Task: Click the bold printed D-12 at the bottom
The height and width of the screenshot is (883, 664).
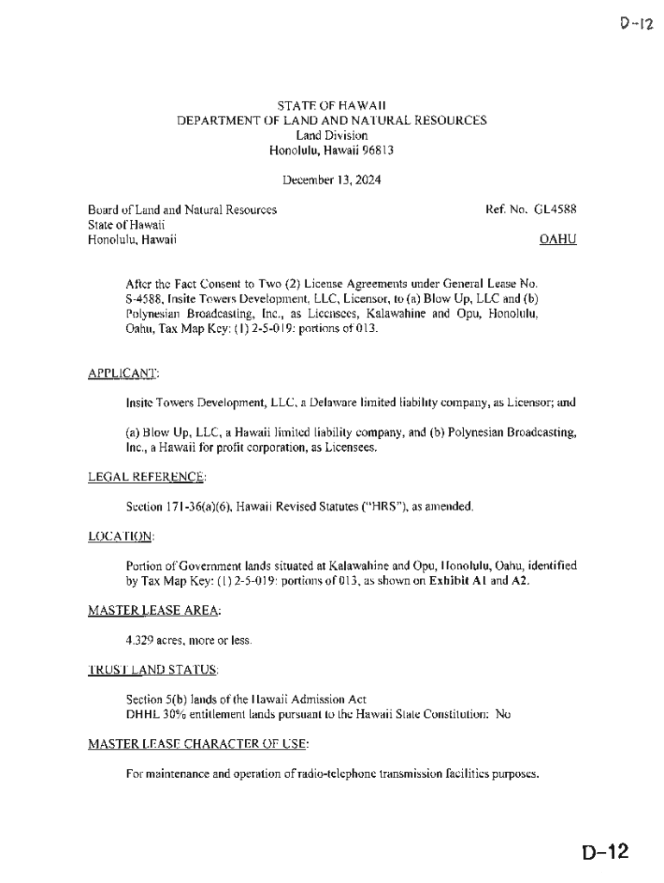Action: pos(605,854)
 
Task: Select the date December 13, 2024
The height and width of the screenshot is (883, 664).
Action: pos(332,180)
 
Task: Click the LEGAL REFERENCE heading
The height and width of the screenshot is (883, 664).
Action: pos(147,477)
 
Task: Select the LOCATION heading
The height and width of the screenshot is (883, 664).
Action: pos(121,536)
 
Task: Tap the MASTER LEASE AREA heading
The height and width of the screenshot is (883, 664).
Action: pos(154,611)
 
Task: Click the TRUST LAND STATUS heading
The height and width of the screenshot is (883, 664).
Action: pos(153,670)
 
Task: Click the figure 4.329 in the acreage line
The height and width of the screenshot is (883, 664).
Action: pos(141,641)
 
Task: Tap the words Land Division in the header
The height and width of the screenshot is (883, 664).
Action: pos(332,135)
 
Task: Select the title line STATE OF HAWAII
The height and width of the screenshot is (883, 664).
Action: pos(332,105)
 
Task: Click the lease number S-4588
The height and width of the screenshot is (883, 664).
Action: pos(145,298)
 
